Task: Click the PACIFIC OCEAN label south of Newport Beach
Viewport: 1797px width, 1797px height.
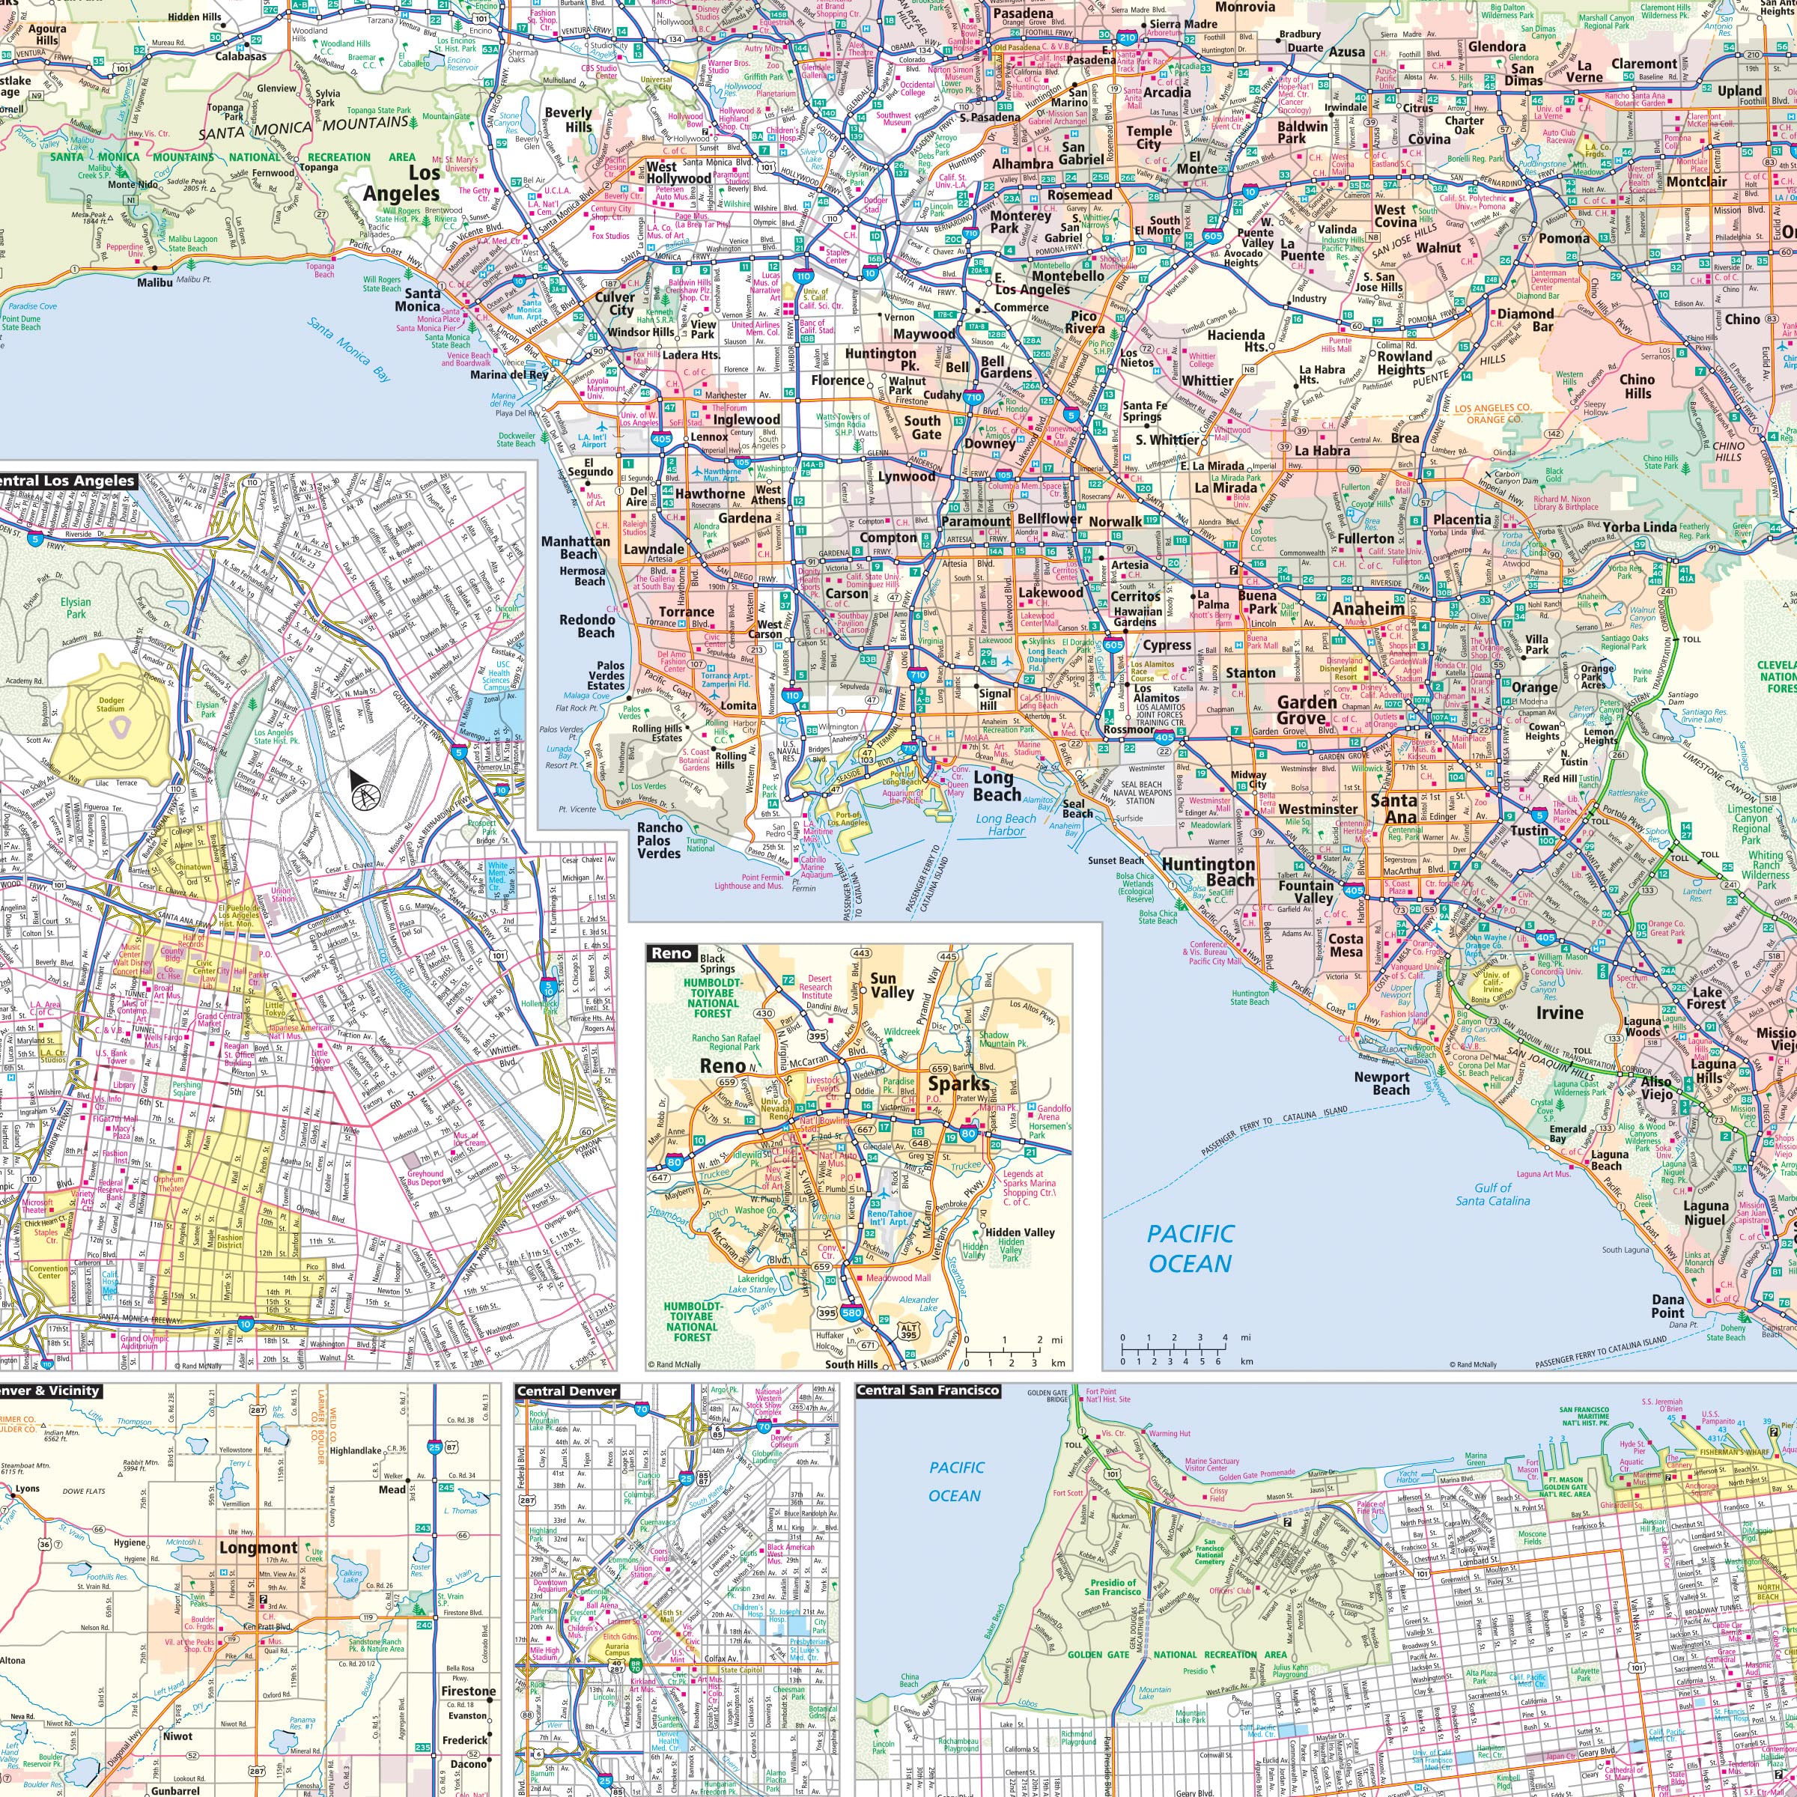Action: pyautogui.click(x=1189, y=1249)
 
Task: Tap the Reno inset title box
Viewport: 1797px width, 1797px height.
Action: pyautogui.click(x=671, y=952)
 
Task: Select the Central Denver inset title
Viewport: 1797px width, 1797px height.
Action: pyautogui.click(x=567, y=1391)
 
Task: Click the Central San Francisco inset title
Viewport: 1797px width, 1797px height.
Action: pyautogui.click(x=928, y=1390)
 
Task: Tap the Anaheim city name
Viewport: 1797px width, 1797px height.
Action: pyautogui.click(x=1367, y=609)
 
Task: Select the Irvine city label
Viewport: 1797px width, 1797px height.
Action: pyautogui.click(x=1560, y=1013)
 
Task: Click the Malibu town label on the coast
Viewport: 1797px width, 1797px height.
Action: pyautogui.click(x=154, y=282)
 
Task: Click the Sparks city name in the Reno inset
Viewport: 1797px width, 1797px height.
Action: pyautogui.click(x=958, y=1083)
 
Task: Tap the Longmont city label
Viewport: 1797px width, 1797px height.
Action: pyautogui.click(x=258, y=1548)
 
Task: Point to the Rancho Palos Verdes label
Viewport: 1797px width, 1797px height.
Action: pyautogui.click(x=659, y=840)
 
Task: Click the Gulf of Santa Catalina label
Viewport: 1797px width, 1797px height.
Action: pyautogui.click(x=1492, y=1194)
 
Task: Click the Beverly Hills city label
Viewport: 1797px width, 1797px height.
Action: pyautogui.click(x=568, y=119)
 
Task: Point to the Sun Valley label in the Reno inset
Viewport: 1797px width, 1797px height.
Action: pyautogui.click(x=883, y=985)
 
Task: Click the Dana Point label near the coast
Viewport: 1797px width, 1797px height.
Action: pyautogui.click(x=1667, y=1306)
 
